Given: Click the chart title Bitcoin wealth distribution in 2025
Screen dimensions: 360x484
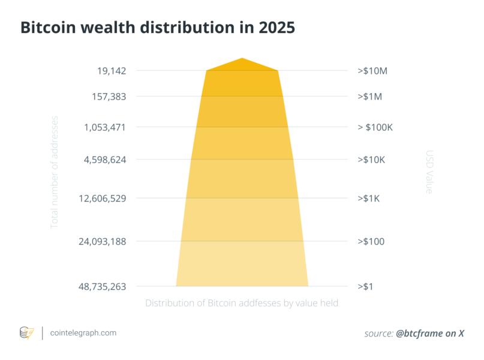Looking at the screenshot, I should (x=158, y=28).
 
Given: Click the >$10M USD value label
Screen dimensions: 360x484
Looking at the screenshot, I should (x=372, y=71).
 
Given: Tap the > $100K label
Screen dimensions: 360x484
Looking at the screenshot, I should (x=375, y=127).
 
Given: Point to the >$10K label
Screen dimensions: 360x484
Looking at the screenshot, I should (x=371, y=160).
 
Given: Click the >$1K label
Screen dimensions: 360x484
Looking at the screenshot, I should (x=368, y=198).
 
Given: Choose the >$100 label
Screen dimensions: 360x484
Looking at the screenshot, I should (x=371, y=241).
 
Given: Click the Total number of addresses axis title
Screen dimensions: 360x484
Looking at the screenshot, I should (x=55, y=172).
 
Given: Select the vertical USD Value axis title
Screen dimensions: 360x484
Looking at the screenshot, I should (x=429, y=172).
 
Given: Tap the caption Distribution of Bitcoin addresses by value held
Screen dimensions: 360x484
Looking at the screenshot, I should (x=242, y=304).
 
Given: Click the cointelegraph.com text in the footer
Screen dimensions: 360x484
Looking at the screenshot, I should (x=83, y=333).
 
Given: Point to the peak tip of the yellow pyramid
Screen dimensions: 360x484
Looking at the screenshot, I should (x=242, y=58).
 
